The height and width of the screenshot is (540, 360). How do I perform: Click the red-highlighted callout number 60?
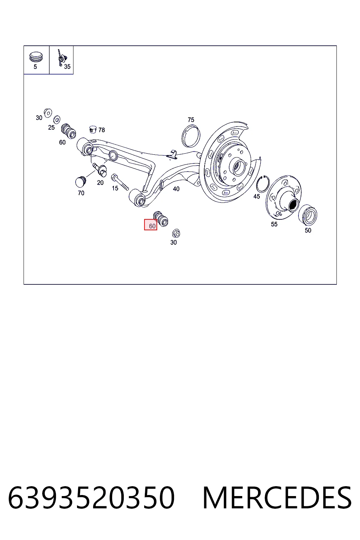click(x=152, y=226)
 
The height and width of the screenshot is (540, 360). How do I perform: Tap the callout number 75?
click(x=191, y=120)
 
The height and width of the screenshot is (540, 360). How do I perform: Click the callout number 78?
click(x=102, y=130)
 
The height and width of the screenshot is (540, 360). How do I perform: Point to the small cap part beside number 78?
click(x=93, y=129)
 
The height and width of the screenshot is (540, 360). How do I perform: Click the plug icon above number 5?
click(x=36, y=57)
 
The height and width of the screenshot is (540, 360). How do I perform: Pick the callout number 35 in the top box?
click(x=67, y=66)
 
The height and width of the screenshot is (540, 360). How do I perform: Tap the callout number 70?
click(x=81, y=193)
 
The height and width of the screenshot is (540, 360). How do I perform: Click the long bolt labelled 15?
click(x=120, y=182)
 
